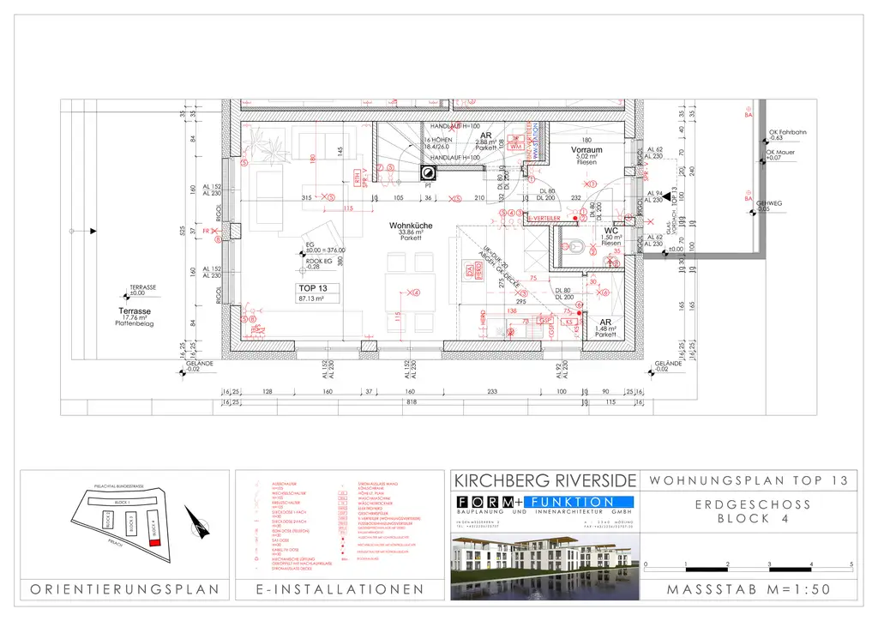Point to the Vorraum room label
pos(586,150)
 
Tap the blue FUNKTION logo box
pos(580,502)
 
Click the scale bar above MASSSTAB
pos(748,565)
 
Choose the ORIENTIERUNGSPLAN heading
pos(124,589)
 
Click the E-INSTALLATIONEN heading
pos(340,589)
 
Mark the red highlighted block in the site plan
pos(155,554)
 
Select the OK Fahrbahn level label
pos(787,133)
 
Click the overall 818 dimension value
pos(411,401)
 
